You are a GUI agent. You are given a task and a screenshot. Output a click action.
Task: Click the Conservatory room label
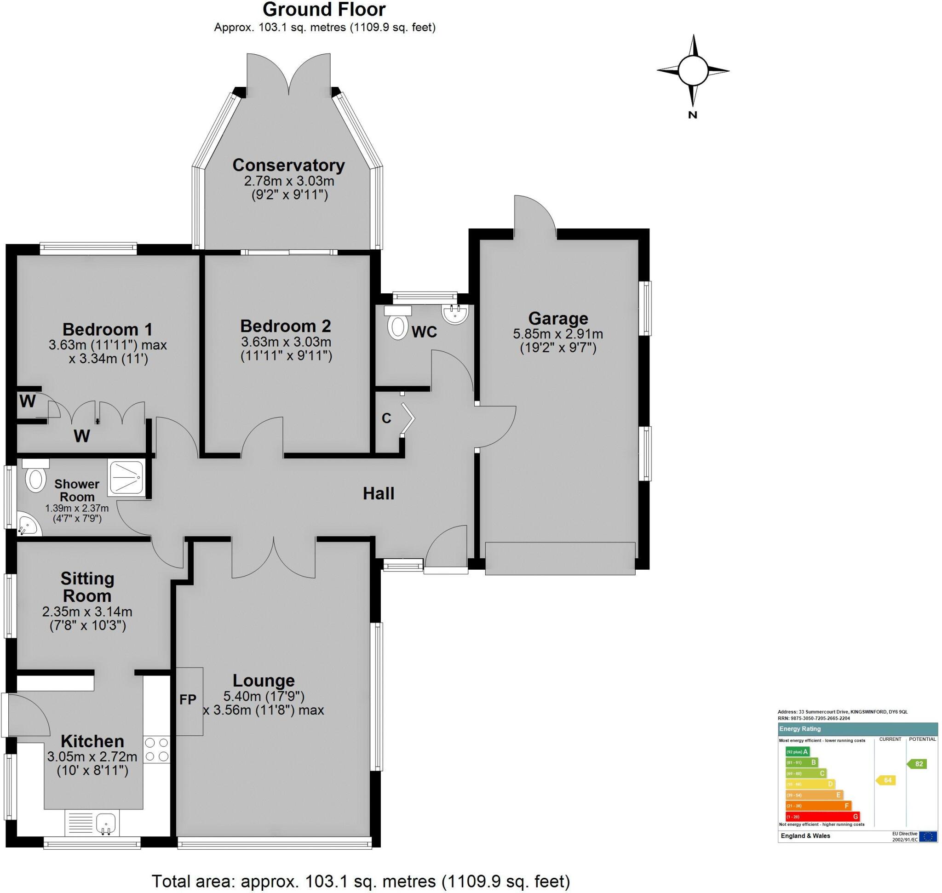(x=288, y=165)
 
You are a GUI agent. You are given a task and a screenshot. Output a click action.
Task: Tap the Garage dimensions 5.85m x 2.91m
(x=557, y=334)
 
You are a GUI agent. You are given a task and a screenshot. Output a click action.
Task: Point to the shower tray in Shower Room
(x=126, y=477)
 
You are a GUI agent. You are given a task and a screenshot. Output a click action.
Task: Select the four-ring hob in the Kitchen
(x=157, y=749)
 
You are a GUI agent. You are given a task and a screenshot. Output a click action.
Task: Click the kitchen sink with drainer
(x=92, y=823)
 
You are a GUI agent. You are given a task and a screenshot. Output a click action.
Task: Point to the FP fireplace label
(x=188, y=699)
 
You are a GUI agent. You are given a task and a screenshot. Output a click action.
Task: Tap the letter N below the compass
(x=692, y=114)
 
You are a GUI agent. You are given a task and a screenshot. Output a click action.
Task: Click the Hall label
(x=379, y=493)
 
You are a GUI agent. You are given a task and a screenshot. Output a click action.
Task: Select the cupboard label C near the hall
(x=386, y=418)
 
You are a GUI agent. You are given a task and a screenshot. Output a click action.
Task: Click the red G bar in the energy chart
(x=822, y=816)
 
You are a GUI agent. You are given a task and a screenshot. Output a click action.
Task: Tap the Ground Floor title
(x=324, y=10)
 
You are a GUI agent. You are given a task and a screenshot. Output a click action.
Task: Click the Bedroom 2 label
(x=285, y=326)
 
